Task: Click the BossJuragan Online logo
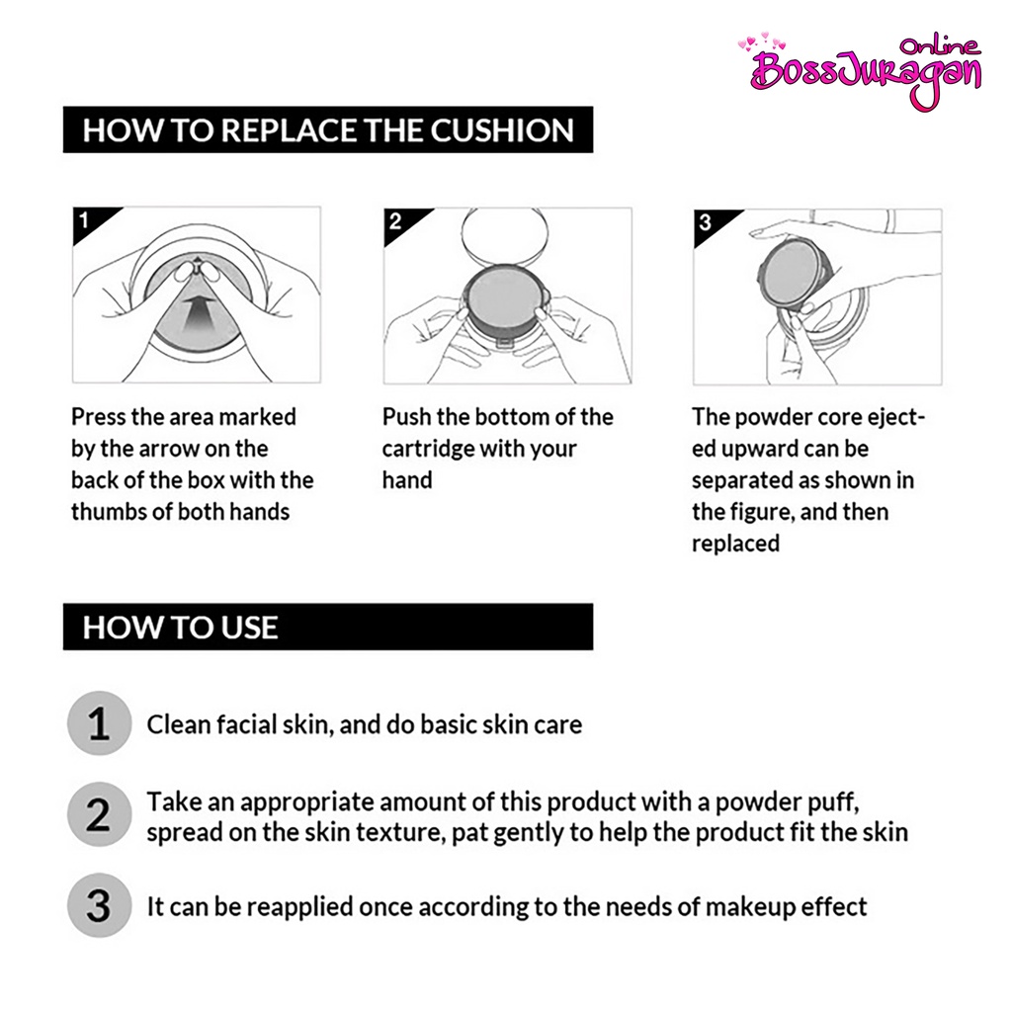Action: click(866, 70)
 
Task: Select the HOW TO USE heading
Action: click(180, 628)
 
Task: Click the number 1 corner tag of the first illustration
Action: click(84, 220)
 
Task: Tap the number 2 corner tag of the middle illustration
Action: click(395, 220)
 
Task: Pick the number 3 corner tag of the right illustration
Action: click(705, 222)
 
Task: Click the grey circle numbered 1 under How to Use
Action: click(99, 723)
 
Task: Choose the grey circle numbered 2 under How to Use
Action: click(99, 815)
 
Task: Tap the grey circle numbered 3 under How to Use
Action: click(99, 906)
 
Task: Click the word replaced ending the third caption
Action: click(735, 544)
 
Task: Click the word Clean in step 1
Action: click(177, 724)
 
